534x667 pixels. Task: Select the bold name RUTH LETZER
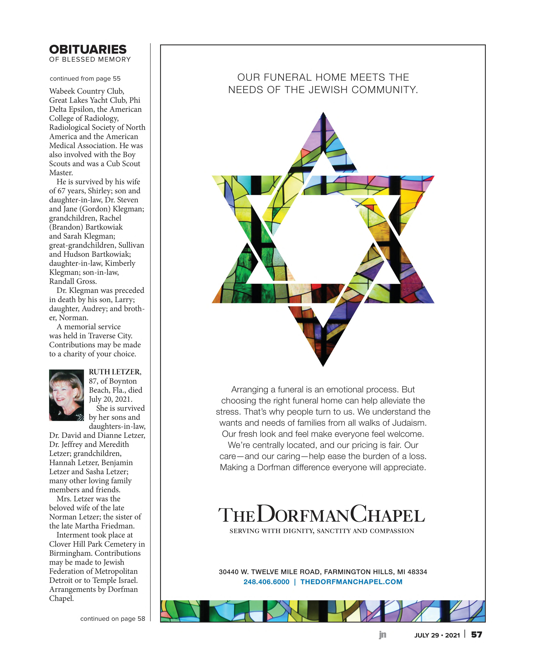[115, 372]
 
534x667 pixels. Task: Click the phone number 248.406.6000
[266, 582]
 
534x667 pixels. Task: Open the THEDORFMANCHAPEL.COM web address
[351, 582]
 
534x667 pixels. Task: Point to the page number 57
[476, 635]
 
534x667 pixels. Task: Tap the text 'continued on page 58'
[113, 619]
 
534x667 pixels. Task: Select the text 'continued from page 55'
[85, 79]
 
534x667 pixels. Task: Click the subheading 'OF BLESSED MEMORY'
[90, 59]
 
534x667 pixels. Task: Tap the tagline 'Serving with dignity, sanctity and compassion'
[322, 531]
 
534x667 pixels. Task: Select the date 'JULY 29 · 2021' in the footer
[437, 635]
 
